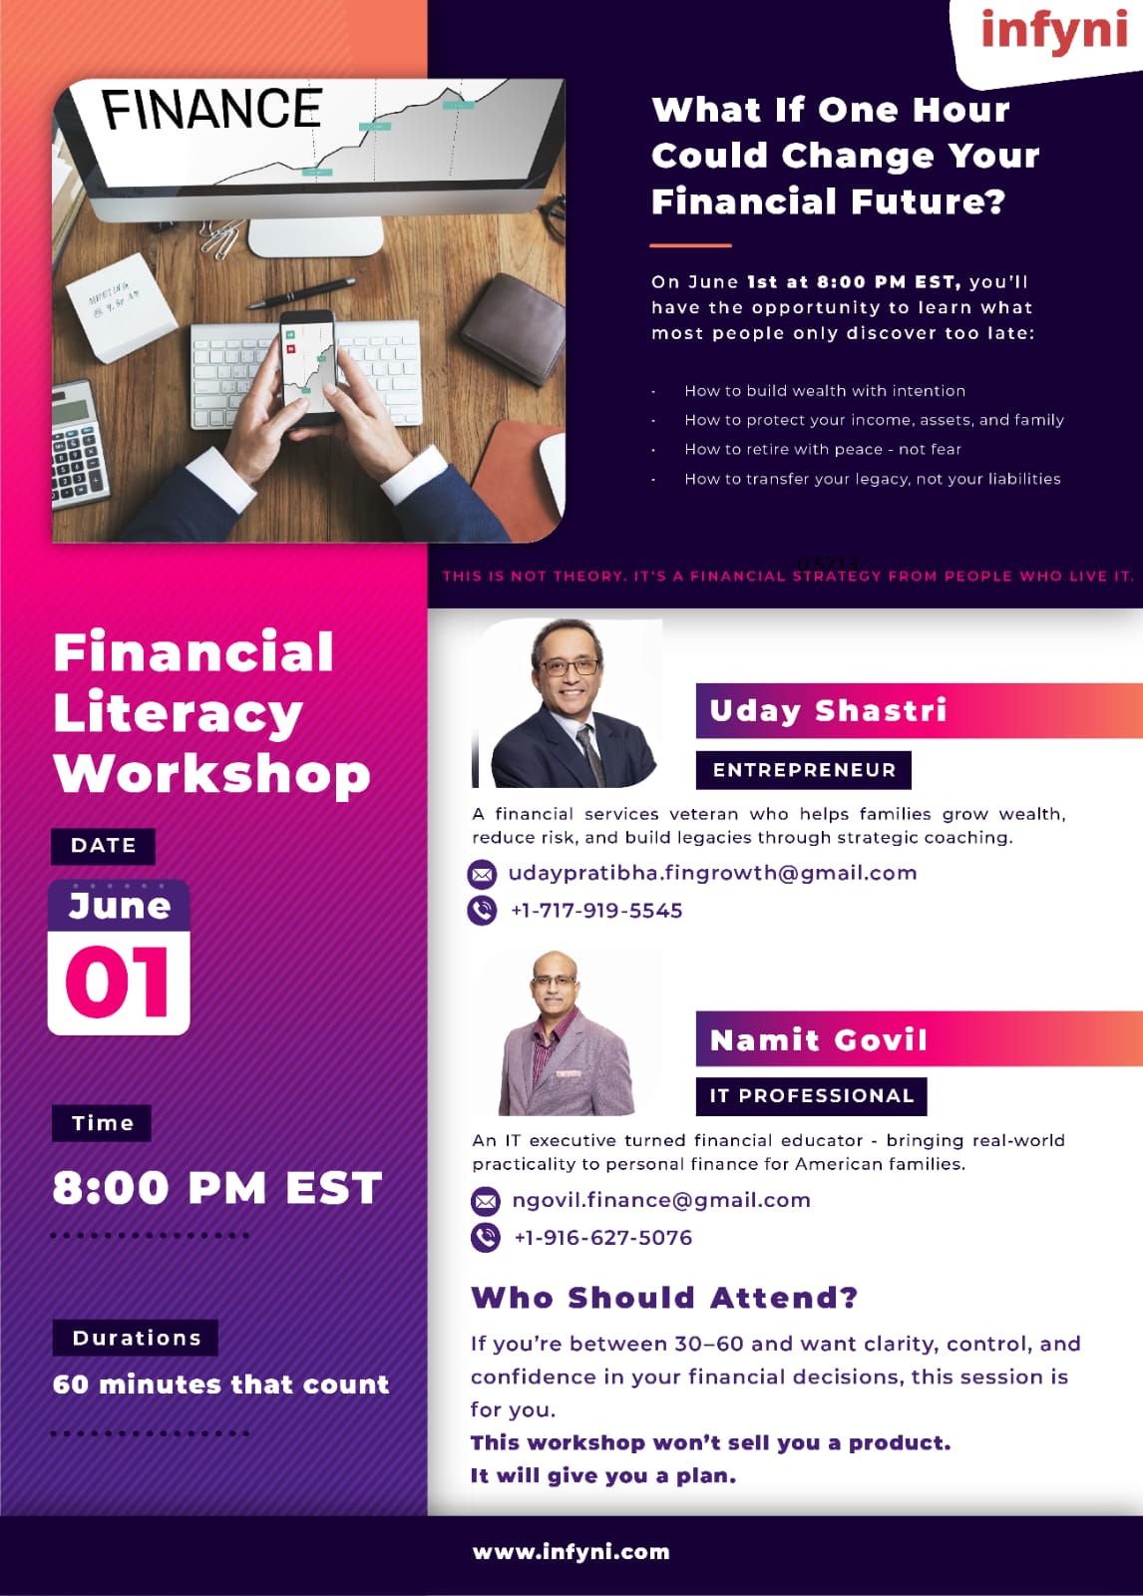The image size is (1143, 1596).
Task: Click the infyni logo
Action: [x=1054, y=33]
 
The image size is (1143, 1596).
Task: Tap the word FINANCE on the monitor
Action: [x=211, y=110]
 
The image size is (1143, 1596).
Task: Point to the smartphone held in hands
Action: [x=309, y=366]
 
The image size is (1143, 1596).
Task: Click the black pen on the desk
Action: [x=301, y=292]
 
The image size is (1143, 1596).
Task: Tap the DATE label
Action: [x=104, y=846]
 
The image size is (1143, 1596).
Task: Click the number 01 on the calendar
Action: [x=118, y=983]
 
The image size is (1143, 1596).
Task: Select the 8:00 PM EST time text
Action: [x=217, y=1188]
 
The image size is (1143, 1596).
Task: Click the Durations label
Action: [x=136, y=1338]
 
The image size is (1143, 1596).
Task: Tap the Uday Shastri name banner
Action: [x=920, y=710]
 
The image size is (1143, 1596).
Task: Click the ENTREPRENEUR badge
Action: [x=804, y=769]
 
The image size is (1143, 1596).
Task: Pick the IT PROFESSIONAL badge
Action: [x=812, y=1096]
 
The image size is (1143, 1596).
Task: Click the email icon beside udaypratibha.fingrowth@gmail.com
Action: [x=482, y=874]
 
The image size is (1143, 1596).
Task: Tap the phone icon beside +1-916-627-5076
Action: [x=486, y=1238]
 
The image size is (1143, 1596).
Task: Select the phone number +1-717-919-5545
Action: [x=596, y=911]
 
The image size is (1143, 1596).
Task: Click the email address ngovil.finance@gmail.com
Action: [x=661, y=1201]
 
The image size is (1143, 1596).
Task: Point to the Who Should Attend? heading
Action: [x=664, y=1298]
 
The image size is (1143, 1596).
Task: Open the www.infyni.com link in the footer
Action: [x=571, y=1552]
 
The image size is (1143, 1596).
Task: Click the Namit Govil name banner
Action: [x=920, y=1038]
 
